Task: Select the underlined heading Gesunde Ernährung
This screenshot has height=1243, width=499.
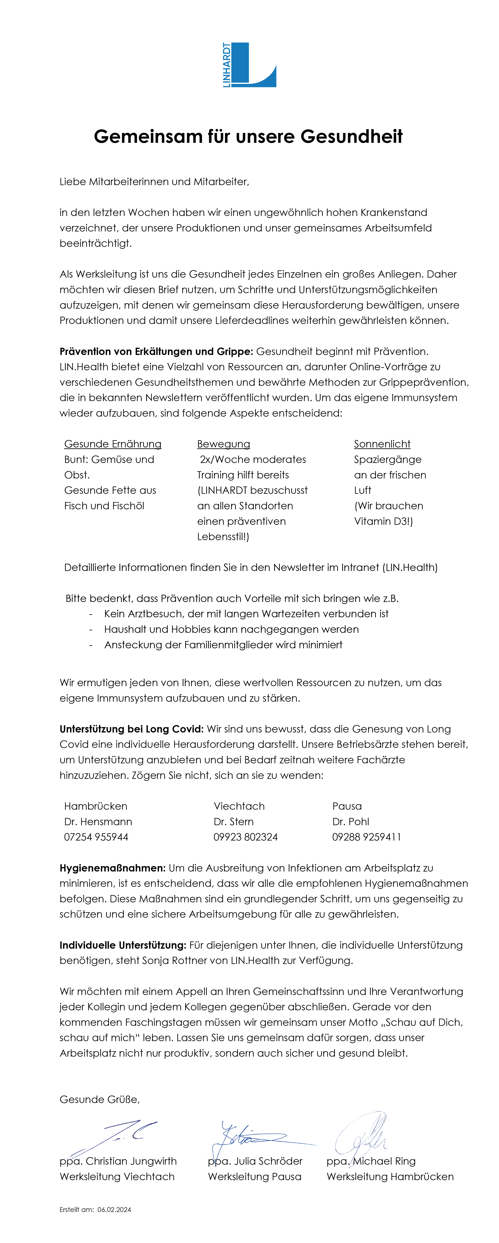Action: pos(113,444)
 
